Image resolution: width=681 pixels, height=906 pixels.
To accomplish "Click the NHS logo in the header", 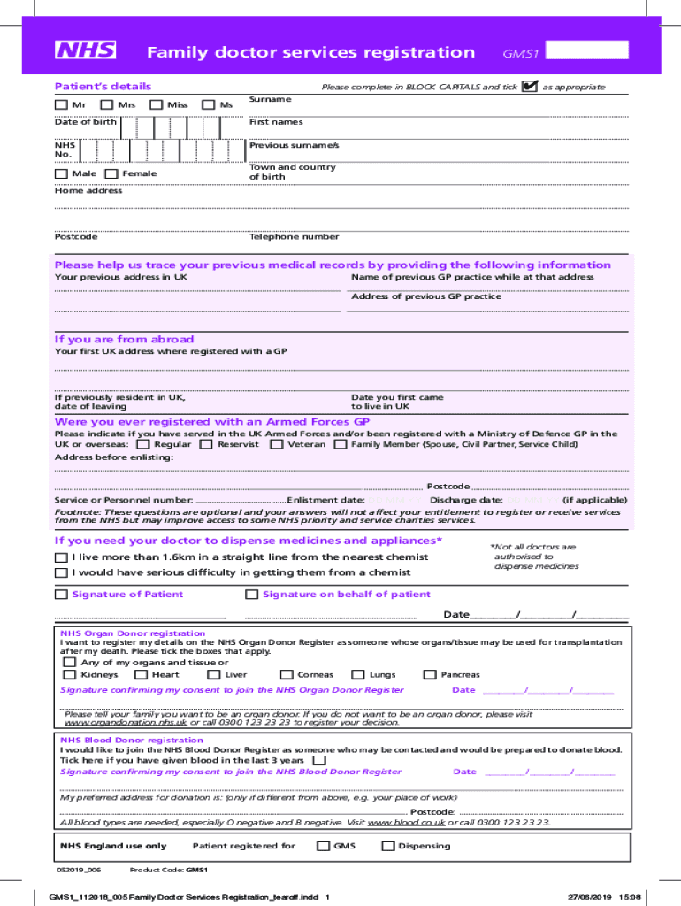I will point(86,50).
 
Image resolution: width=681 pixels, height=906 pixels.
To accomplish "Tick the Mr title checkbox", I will point(60,105).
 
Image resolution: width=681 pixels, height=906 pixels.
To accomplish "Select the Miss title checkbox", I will point(157,105).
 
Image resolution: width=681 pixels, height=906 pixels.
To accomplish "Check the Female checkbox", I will point(111,174).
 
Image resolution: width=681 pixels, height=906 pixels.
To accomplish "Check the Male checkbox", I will point(60,174).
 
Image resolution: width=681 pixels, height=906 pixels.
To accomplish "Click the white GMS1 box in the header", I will point(587,50).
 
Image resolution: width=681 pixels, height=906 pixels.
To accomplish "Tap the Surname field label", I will point(270,100).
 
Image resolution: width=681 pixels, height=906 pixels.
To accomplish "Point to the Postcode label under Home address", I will point(76,237).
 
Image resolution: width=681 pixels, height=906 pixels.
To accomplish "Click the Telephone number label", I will point(294,237).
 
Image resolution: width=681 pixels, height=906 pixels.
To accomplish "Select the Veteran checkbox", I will point(277,445).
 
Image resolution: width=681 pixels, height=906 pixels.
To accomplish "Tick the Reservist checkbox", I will point(205,445).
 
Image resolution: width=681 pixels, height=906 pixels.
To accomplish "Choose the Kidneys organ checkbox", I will point(69,675).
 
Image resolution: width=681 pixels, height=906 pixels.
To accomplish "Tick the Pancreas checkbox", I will point(430,675).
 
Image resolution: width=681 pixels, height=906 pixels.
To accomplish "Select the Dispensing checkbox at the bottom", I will point(387,847).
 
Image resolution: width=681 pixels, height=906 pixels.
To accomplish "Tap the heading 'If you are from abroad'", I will point(125,340).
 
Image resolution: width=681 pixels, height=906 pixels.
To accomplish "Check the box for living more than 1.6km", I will point(60,557).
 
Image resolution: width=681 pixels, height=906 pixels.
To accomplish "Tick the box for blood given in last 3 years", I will point(319,760).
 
